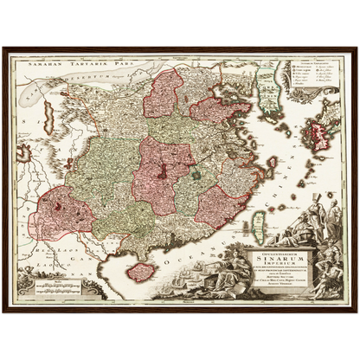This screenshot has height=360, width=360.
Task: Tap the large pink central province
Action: coord(159,169)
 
